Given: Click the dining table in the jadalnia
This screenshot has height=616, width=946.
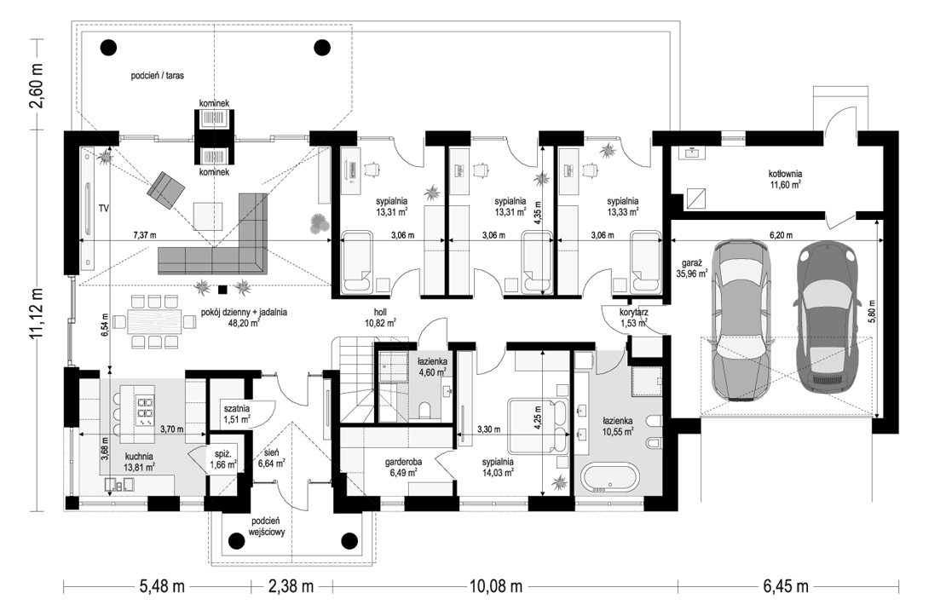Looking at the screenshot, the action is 154,320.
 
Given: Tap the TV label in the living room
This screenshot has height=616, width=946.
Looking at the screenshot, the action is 104,209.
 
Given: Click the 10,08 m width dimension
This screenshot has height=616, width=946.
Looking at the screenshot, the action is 494,586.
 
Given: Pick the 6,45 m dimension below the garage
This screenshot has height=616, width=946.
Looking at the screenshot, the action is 786,586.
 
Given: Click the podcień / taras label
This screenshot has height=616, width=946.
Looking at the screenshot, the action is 158,76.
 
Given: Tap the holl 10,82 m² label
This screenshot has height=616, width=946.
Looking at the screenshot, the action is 379,317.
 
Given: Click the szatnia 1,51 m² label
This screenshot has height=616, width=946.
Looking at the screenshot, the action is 237,413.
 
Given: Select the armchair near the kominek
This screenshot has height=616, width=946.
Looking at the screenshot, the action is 166,189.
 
